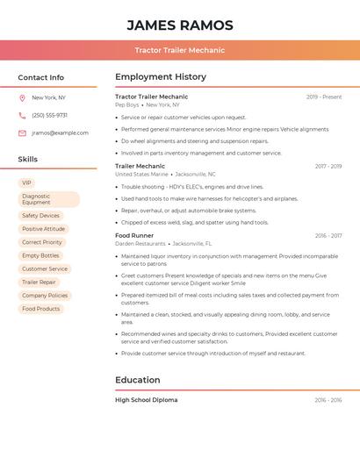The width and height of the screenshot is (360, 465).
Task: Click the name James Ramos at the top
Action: [x=180, y=25]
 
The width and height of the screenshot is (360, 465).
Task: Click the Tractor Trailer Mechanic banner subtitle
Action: [x=180, y=50]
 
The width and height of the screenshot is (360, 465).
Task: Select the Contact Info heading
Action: [x=40, y=77]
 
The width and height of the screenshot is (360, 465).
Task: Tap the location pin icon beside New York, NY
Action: [x=22, y=97]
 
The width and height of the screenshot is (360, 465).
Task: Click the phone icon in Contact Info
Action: [x=22, y=115]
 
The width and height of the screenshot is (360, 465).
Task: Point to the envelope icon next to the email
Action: [x=22, y=133]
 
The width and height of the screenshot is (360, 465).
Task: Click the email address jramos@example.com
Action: [x=60, y=133]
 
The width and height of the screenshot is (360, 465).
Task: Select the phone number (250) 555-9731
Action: [x=49, y=115]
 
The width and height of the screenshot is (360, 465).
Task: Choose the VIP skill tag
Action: [x=27, y=182]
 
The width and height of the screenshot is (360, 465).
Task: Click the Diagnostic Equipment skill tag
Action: [x=48, y=199]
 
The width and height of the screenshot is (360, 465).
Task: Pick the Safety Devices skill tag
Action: [x=40, y=216]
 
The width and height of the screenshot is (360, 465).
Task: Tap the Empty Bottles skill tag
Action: [x=40, y=255]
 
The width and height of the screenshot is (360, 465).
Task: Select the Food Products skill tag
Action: [x=40, y=309]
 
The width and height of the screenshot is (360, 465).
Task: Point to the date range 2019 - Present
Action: [x=324, y=97]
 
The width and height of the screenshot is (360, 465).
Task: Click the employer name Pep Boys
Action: [x=126, y=104]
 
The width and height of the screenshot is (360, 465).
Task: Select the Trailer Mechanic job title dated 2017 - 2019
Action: [x=140, y=166]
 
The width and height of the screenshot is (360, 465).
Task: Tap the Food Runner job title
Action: [x=134, y=235]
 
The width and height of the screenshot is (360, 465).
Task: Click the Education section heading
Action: [x=137, y=380]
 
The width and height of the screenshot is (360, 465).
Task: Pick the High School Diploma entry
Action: [x=146, y=400]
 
